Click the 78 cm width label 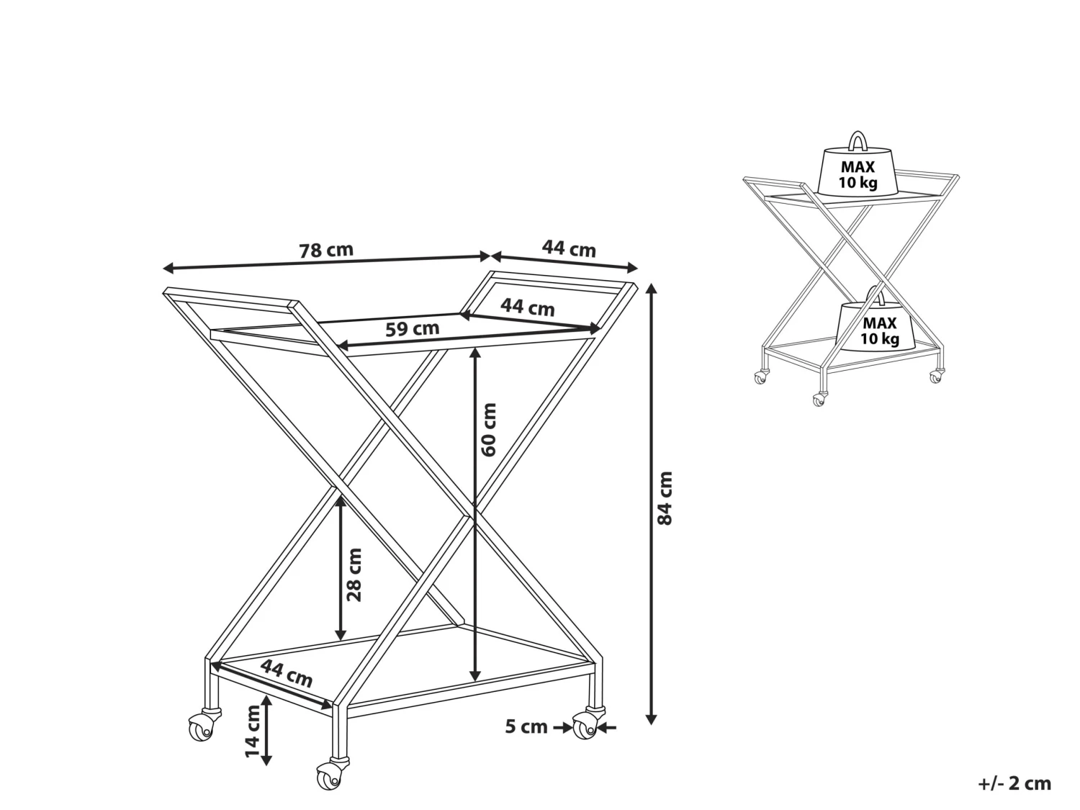pyautogui.click(x=326, y=251)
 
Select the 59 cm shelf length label pyautogui.click(x=412, y=329)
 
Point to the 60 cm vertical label pyautogui.click(x=490, y=429)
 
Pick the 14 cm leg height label pyautogui.click(x=252, y=731)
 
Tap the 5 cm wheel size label pyautogui.click(x=526, y=726)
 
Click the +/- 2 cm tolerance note pyautogui.click(x=1014, y=783)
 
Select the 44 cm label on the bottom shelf pyautogui.click(x=286, y=673)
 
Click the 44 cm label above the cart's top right pyautogui.click(x=569, y=249)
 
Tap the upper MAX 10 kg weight pyautogui.click(x=858, y=173)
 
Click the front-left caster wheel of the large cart pyautogui.click(x=203, y=727)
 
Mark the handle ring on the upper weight pyautogui.click(x=858, y=140)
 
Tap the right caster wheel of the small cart pyautogui.click(x=935, y=376)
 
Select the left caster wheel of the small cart pyautogui.click(x=760, y=377)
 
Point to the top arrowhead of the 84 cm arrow pyautogui.click(x=652, y=288)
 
